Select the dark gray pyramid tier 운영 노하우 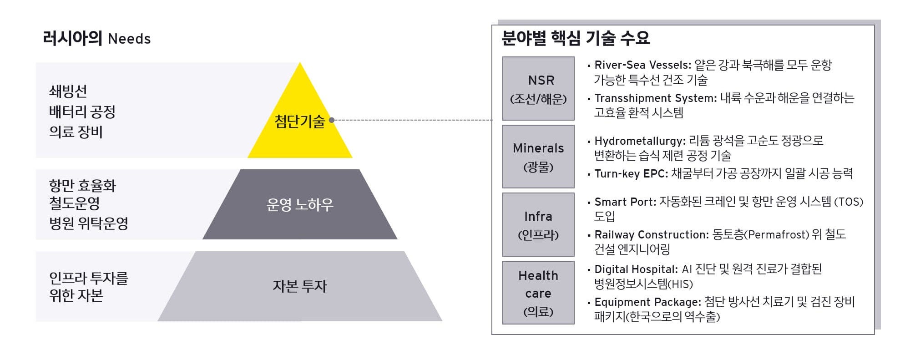[300, 205]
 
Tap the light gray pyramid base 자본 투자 [300, 286]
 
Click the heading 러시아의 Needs [96, 38]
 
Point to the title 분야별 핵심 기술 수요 [576, 38]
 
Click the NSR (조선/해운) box [538, 89]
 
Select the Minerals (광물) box [538, 157]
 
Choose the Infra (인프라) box [538, 225]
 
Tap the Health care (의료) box [538, 293]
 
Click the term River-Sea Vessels [642, 65]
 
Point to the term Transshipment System [655, 98]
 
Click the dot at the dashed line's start [332, 120]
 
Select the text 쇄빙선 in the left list [68, 91]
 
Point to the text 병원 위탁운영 [89, 223]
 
